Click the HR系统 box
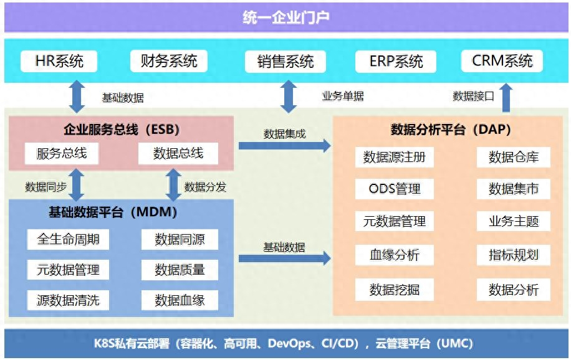59,61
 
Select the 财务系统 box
169,61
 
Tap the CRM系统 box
502,61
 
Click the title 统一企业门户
286,17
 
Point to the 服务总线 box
62,153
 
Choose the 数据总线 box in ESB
178,153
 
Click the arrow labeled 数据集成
285,146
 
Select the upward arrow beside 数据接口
506,98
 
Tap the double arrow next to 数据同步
77,184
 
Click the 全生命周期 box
68,239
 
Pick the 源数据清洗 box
68,300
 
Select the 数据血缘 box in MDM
180,300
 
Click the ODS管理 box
395,189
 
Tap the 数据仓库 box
514,157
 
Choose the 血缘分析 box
395,255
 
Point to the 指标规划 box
514,255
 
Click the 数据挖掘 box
395,290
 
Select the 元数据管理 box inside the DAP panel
395,221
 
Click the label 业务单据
343,96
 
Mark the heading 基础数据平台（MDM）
113,212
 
